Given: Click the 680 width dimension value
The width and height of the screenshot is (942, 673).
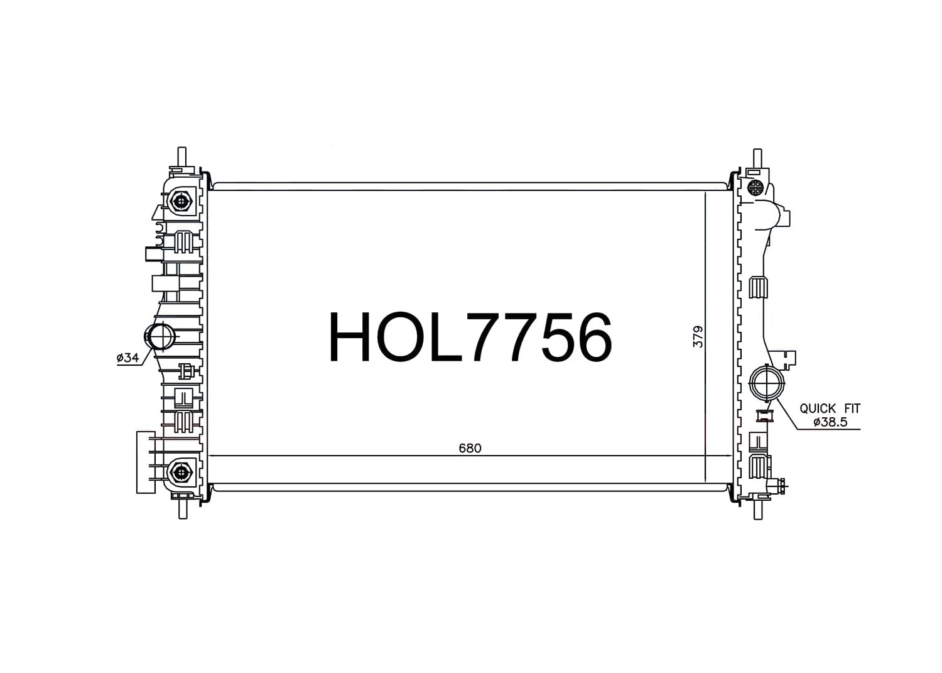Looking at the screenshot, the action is click(470, 448).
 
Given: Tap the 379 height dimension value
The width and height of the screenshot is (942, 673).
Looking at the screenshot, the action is click(698, 337).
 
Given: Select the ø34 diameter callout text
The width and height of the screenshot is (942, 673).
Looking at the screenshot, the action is click(128, 358).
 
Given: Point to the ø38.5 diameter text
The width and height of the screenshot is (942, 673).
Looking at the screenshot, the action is click(830, 422).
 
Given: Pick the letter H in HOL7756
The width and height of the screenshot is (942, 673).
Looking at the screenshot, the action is click(349, 337).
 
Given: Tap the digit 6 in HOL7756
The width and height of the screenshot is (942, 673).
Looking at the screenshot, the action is click(591, 337).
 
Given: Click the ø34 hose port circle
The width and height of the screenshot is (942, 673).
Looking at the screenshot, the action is click(161, 337).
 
